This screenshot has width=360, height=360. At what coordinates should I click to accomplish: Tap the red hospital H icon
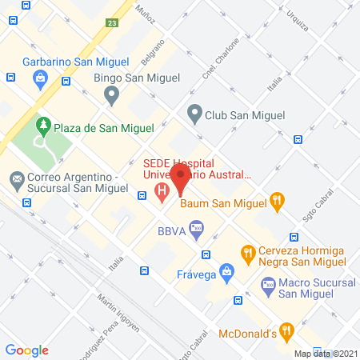162,191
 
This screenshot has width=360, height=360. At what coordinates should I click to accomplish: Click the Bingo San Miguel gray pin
111,95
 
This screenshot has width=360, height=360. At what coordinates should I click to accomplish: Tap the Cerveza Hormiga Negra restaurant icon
249,254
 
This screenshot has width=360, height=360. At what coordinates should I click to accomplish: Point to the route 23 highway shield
113,24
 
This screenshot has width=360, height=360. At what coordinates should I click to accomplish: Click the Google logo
26,350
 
